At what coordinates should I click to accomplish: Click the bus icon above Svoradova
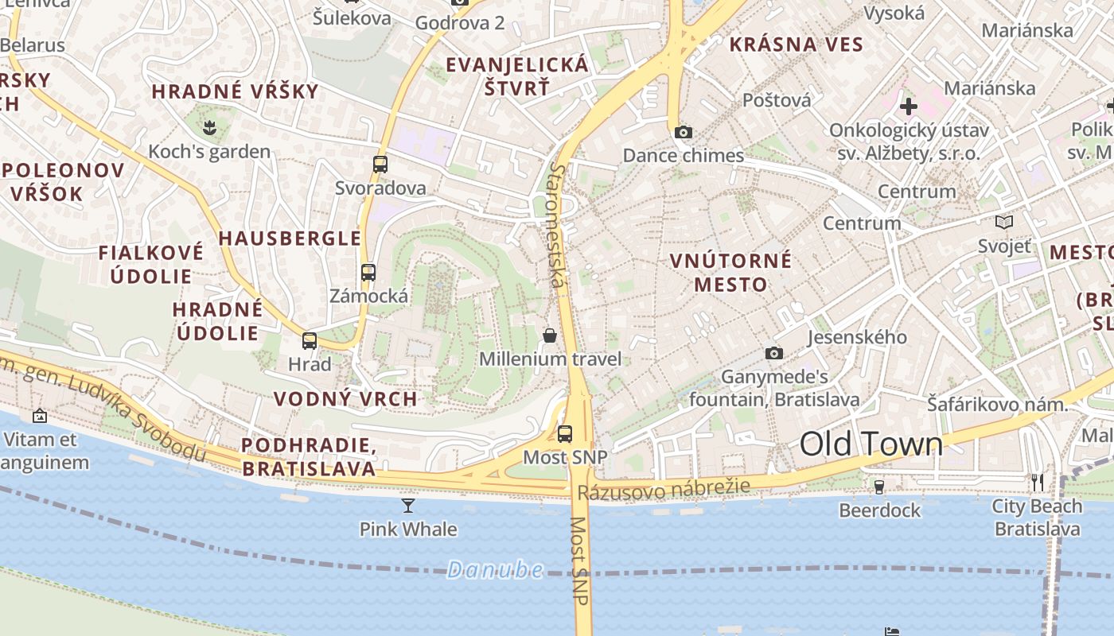(380, 165)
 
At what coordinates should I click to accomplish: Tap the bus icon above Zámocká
(368, 273)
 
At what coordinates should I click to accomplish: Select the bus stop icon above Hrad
(310, 341)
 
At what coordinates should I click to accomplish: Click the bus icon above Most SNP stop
(565, 434)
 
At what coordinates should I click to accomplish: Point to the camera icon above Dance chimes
(683, 133)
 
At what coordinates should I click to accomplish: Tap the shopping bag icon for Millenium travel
(550, 335)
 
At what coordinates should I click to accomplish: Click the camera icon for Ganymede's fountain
(773, 353)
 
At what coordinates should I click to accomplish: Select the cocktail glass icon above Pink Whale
(408, 506)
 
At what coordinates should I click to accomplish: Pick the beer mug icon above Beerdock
(879, 487)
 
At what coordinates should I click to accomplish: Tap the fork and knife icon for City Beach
(1037, 483)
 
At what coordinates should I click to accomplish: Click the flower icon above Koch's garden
(209, 126)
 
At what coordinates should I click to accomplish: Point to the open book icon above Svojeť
(1004, 223)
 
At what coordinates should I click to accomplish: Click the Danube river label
(495, 569)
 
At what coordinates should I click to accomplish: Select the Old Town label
(871, 444)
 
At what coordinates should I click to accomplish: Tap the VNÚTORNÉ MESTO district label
(730, 273)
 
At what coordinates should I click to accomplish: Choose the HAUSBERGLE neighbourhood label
(290, 238)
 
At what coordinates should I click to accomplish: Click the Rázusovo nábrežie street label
(664, 489)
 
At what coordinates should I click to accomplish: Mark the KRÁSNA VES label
(796, 45)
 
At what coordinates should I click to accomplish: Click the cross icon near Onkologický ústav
(908, 106)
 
